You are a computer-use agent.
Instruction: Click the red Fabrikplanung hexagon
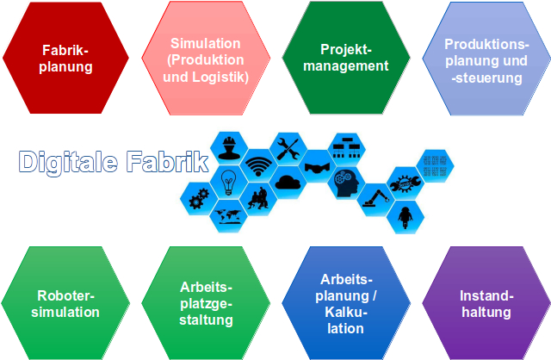pyautogui.click(x=65, y=58)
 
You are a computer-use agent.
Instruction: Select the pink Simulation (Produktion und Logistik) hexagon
pyautogui.click(x=206, y=58)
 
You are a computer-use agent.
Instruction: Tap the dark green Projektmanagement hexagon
pyautogui.click(x=346, y=58)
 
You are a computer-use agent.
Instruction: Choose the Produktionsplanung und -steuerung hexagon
pyautogui.click(x=486, y=59)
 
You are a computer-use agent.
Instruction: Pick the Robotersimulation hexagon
pyautogui.click(x=65, y=303)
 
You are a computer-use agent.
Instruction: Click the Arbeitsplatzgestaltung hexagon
pyautogui.click(x=206, y=303)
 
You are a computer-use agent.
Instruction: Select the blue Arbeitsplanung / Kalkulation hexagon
pyautogui.click(x=346, y=303)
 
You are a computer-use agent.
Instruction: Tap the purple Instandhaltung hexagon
pyautogui.click(x=486, y=303)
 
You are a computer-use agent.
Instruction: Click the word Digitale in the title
pyautogui.click(x=68, y=162)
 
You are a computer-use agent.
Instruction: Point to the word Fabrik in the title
pyautogui.click(x=168, y=161)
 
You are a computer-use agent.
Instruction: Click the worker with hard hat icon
pyautogui.click(x=229, y=147)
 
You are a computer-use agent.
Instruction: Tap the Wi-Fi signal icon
pyautogui.click(x=258, y=166)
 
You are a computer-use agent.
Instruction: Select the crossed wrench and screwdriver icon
pyautogui.click(x=288, y=149)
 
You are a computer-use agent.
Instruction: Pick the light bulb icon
pyautogui.click(x=228, y=182)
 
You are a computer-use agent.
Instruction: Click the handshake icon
pyautogui.click(x=318, y=168)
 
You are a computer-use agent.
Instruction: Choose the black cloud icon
pyautogui.click(x=288, y=183)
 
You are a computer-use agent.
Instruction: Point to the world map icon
pyautogui.click(x=228, y=216)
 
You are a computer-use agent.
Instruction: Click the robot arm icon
pyautogui.click(x=376, y=198)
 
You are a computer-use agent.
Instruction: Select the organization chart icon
pyautogui.click(x=347, y=147)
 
